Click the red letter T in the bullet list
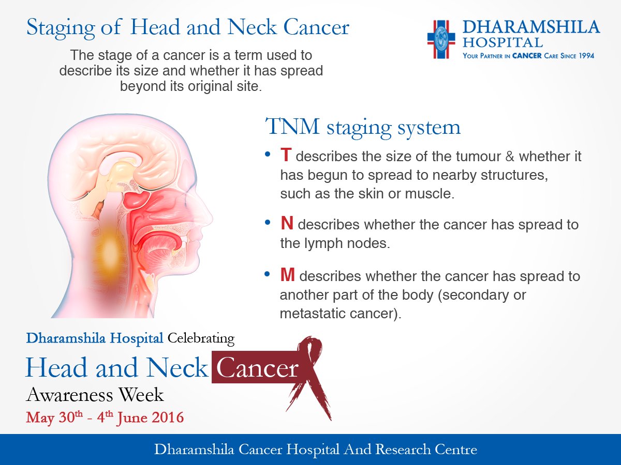coord(286,155)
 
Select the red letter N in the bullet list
coord(287,224)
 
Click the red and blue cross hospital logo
coord(440,39)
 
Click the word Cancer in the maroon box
coord(257,369)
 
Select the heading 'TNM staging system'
coord(363,127)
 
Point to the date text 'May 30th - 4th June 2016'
coord(105,417)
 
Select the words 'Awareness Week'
coord(95,395)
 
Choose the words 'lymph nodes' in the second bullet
coord(334,243)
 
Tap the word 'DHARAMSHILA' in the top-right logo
coord(531,27)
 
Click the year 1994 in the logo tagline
coord(584,55)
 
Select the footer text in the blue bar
coord(315,450)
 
